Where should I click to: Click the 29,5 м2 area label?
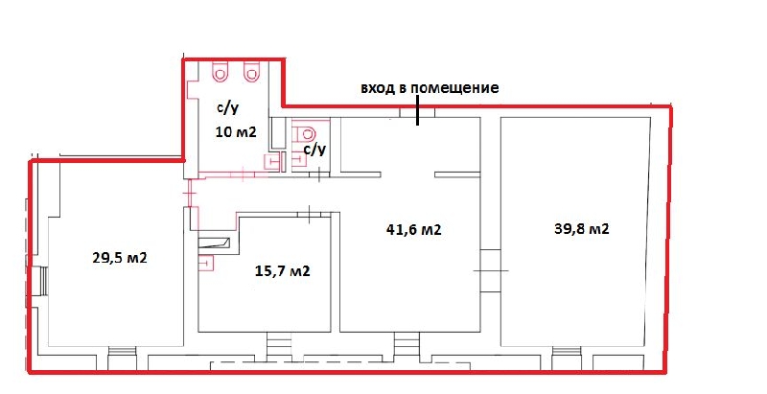coord(119,258)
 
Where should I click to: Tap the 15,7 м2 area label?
coord(282,270)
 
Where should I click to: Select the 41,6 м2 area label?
coord(414,229)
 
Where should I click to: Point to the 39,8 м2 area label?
coord(582,229)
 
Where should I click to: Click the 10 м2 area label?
coord(236,131)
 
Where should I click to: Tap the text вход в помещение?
coord(430,88)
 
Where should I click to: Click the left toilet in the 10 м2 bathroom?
coord(220,72)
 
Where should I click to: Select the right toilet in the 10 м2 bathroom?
coord(251,72)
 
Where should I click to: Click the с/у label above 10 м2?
coord(228,107)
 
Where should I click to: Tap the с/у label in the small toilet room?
coord(314,150)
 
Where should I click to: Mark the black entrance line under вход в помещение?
coord(417,110)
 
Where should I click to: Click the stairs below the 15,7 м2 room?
coord(279,347)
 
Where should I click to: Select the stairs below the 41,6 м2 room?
coord(407,347)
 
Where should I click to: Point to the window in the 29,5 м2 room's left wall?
coord(44,281)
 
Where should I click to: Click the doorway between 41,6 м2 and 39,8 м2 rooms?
coord(490,270)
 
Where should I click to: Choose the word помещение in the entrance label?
coord(454,88)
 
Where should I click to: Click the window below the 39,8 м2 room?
coord(567,351)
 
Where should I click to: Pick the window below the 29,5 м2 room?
coord(122,351)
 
